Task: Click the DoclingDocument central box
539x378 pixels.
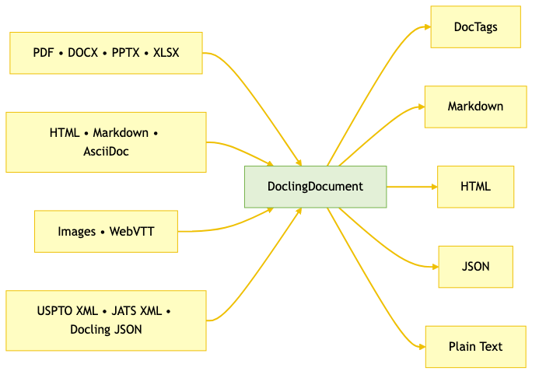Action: pyautogui.click(x=315, y=187)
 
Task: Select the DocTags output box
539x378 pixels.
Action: pyautogui.click(x=475, y=27)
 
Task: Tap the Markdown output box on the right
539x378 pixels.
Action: pyautogui.click(x=475, y=107)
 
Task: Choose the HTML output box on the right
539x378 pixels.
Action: pyautogui.click(x=475, y=187)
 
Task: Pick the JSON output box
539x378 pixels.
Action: pyautogui.click(x=475, y=266)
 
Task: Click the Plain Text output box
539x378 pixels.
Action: pyautogui.click(x=475, y=346)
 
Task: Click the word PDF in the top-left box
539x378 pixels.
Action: pyautogui.click(x=44, y=53)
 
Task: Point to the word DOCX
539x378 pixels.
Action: pyautogui.click(x=84, y=53)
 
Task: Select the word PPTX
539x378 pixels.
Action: pyautogui.click(x=126, y=53)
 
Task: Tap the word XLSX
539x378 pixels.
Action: pyautogui.click(x=166, y=53)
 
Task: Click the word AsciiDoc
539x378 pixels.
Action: pyautogui.click(x=106, y=152)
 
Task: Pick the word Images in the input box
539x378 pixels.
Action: pyautogui.click(x=76, y=232)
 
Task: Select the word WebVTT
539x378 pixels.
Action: pyautogui.click(x=132, y=232)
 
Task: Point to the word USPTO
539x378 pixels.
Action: pyautogui.click(x=56, y=311)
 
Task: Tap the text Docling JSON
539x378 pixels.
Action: pyautogui.click(x=106, y=330)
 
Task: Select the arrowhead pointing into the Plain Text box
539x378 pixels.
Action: pyautogui.click(x=421, y=345)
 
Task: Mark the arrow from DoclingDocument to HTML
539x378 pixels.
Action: pyautogui.click(x=412, y=187)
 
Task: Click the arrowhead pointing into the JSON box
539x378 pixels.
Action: pyautogui.click(x=435, y=265)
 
